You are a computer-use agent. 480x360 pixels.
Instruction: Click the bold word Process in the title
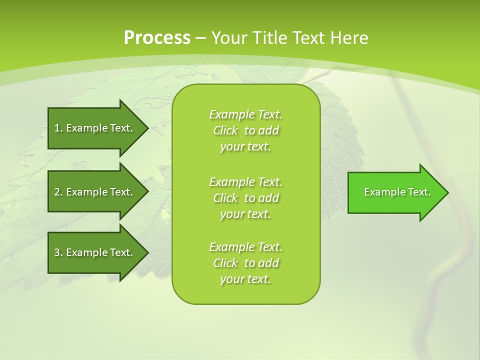click(157, 38)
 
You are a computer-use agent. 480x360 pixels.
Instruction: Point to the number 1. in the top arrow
click(58, 128)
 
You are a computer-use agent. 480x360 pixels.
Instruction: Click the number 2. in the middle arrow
click(58, 192)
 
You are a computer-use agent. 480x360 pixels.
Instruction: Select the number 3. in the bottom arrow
click(58, 252)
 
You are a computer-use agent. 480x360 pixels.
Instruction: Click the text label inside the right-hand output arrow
click(397, 192)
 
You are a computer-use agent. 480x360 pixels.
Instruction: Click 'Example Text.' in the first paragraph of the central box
click(245, 115)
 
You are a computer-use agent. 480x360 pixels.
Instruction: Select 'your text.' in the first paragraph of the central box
click(245, 147)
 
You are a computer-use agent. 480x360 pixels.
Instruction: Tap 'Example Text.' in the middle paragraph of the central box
click(245, 182)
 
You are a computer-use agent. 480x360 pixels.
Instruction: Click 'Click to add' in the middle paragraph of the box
click(245, 198)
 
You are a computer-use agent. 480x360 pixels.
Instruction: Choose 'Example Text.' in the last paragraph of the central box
click(245, 247)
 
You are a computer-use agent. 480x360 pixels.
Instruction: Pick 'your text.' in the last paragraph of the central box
click(245, 279)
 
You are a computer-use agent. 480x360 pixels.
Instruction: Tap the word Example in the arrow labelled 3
click(87, 252)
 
